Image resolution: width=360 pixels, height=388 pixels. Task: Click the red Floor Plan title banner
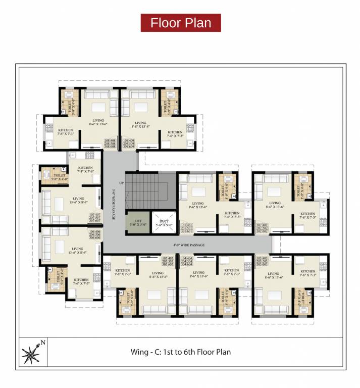180,23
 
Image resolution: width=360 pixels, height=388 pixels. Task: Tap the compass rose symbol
32,352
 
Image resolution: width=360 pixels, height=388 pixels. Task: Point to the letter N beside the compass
43,342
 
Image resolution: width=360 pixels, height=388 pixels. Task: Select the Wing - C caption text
180,352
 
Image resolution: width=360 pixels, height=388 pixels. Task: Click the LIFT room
137,222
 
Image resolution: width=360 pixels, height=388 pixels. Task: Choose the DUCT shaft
163,223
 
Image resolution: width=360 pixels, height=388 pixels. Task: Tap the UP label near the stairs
121,182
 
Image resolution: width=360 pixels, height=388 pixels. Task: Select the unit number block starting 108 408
111,143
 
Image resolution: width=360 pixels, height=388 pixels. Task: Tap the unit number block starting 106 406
95,234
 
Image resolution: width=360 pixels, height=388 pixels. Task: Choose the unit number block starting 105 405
167,261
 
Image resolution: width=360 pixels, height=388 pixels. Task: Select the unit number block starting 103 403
262,261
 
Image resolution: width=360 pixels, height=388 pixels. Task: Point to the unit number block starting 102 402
262,228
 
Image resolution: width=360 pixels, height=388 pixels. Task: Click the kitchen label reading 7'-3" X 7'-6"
85,171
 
